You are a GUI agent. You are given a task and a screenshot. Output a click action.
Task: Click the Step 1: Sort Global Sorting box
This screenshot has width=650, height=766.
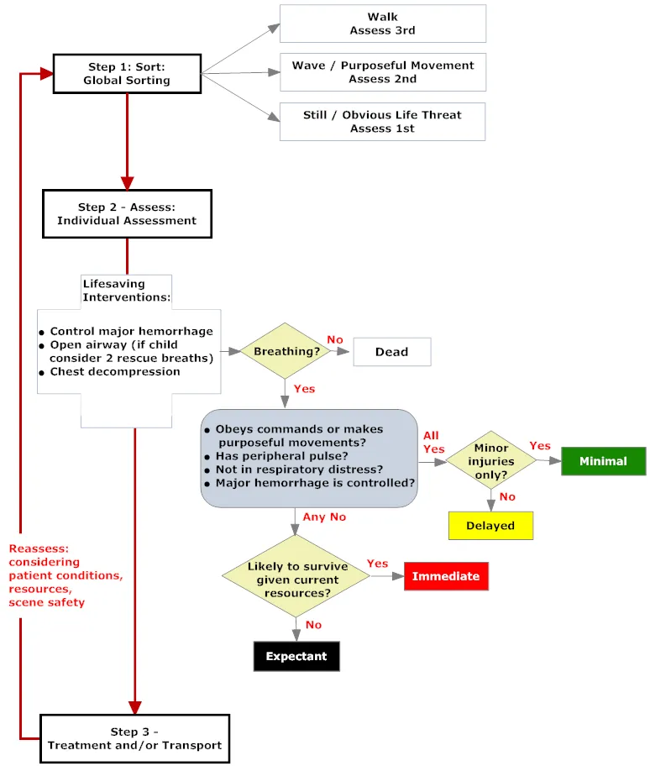127,74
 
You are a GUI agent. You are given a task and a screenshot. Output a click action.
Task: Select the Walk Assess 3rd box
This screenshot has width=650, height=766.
382,24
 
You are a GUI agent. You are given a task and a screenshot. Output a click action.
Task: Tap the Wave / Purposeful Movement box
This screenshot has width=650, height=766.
382,72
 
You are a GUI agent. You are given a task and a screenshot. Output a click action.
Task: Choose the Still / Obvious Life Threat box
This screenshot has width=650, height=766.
382,122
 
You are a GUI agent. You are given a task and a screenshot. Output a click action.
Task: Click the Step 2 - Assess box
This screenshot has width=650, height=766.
127,213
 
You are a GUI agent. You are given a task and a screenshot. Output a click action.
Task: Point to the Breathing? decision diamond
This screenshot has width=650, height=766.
287,351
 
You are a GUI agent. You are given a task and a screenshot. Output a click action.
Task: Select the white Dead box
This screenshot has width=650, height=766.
391,352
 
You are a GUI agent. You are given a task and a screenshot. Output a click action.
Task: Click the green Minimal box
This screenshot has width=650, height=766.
603,461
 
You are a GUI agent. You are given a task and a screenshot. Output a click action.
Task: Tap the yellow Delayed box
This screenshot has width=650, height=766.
490,526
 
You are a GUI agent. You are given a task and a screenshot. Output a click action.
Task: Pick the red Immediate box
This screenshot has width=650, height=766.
446,576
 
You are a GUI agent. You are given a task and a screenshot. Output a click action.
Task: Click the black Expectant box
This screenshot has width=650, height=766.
296,656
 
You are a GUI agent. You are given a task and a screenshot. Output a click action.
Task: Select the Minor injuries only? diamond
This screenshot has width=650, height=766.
490,460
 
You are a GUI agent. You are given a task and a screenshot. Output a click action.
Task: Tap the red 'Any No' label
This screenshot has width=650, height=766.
326,517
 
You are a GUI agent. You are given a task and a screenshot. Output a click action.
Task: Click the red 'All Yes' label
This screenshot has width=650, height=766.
433,443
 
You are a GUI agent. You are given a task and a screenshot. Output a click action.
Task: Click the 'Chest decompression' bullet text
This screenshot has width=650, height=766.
114,371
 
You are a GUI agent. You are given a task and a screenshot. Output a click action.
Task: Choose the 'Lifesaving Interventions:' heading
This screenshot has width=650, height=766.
126,291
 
